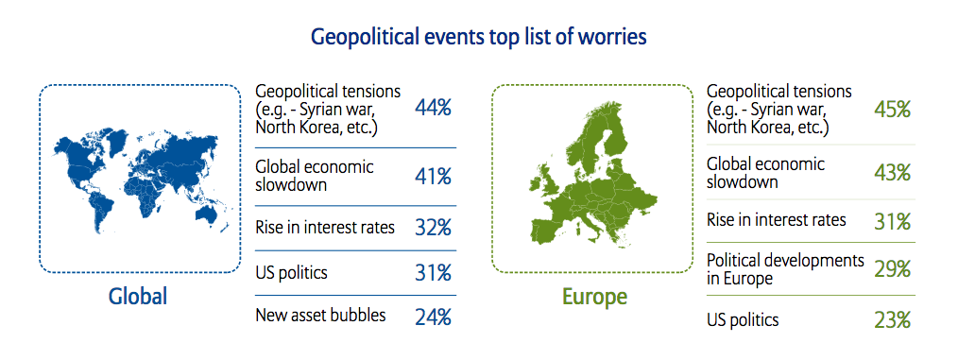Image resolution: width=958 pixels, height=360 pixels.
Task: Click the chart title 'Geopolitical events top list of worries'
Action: (478, 37)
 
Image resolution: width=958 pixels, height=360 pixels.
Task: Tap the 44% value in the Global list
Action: (433, 109)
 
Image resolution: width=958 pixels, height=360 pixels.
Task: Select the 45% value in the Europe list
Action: (893, 110)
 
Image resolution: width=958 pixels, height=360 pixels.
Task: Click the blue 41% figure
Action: (433, 177)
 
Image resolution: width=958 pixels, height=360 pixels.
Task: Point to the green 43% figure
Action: (893, 172)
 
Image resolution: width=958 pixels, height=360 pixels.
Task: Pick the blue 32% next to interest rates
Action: (433, 228)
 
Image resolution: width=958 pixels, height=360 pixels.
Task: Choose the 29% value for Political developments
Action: (893, 269)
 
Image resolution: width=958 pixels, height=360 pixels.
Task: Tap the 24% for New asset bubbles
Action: (433, 317)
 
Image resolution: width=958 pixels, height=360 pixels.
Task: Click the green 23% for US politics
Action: (893, 319)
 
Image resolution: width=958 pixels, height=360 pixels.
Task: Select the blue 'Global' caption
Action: (138, 297)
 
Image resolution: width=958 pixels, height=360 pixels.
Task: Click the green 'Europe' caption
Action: (594, 297)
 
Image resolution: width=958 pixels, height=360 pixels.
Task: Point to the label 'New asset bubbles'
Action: (321, 315)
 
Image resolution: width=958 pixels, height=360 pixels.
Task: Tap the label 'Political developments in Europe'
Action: (785, 269)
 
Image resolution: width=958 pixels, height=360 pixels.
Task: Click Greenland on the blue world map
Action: (113, 138)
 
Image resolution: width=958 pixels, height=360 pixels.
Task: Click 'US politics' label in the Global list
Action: (291, 272)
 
